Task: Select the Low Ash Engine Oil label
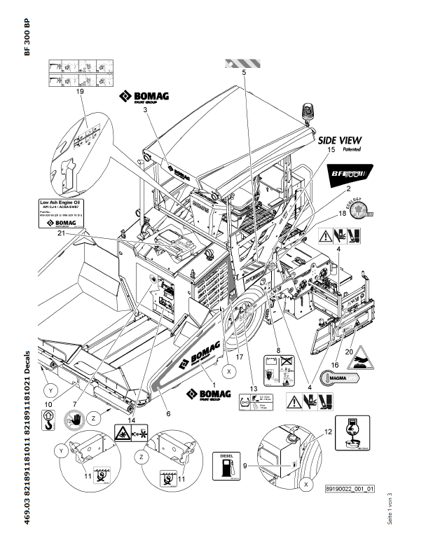click(x=60, y=213)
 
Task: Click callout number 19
click(x=80, y=92)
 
